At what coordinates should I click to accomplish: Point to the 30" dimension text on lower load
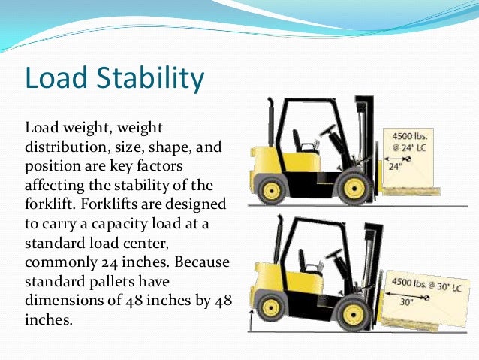(405, 304)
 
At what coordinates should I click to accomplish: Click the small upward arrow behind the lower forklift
(250, 320)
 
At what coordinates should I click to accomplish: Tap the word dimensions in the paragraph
(64, 300)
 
